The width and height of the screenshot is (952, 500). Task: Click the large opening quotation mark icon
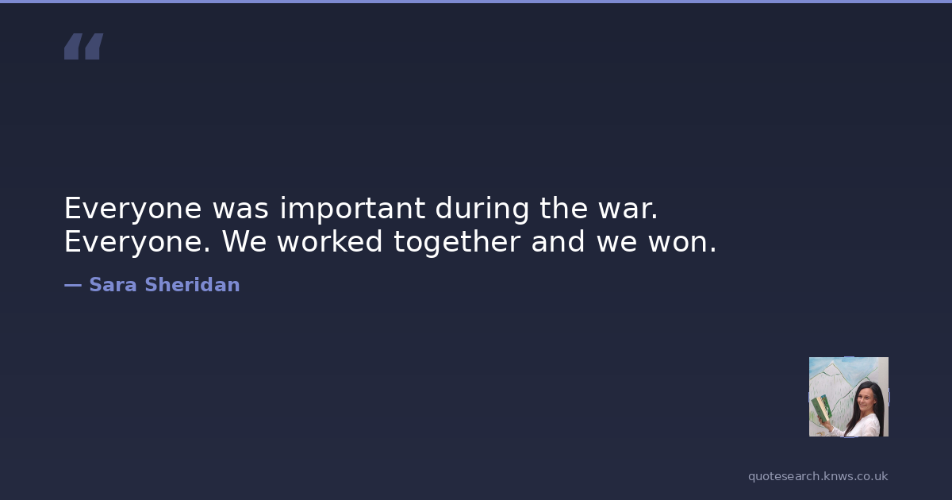(84, 46)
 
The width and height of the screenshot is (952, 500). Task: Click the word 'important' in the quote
(352, 208)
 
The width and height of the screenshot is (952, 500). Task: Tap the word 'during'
(482, 208)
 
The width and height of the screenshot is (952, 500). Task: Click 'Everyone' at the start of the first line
(132, 209)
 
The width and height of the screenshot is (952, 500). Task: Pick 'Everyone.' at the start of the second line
(137, 242)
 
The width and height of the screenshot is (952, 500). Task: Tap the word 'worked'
(330, 241)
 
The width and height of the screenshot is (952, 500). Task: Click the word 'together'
(457, 242)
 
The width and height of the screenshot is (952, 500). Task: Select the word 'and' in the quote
(558, 241)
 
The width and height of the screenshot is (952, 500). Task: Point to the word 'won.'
(682, 242)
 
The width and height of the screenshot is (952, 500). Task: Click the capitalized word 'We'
(244, 241)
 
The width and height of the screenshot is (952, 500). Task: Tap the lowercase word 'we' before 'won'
(616, 242)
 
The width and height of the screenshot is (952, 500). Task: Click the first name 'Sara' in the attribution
(113, 284)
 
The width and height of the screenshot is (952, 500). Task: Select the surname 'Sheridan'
(192, 284)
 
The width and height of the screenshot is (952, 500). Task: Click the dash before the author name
(73, 285)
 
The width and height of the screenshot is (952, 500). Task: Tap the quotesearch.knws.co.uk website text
(818, 476)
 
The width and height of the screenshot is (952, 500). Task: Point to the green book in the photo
(822, 408)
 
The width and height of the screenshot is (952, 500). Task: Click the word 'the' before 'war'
(563, 208)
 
